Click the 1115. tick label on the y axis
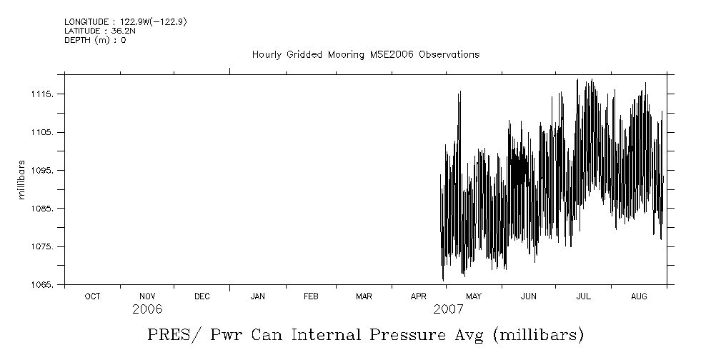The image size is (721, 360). tap(46, 94)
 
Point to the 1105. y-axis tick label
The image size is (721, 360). tap(46, 133)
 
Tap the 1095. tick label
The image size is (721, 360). tap(46, 171)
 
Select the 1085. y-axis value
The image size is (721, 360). tap(46, 209)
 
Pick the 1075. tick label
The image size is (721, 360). tap(46, 247)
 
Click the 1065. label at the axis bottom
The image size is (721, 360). tap(46, 285)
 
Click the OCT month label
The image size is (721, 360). tap(92, 296)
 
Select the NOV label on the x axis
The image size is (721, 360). tap(147, 296)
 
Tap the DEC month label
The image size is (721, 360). tap(202, 296)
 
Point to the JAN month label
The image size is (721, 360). tap(257, 296)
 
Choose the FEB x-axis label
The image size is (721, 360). tap(311, 296)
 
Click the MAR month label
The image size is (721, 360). tap(364, 296)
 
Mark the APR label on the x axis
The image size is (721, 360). tap(419, 296)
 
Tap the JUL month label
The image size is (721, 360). tap(583, 296)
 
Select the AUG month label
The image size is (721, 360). tap(639, 296)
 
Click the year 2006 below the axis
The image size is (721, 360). tap(147, 309)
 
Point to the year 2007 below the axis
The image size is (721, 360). tap(448, 309)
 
